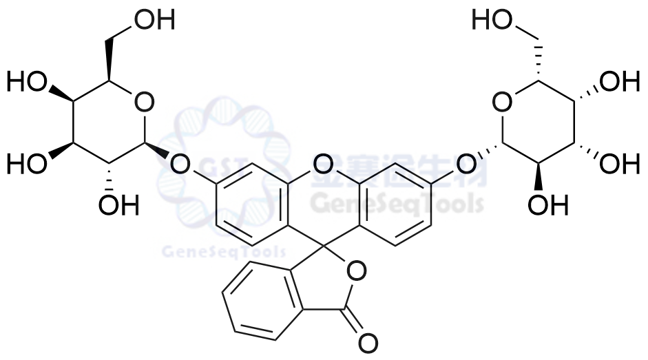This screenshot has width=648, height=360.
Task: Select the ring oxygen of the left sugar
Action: (143, 103)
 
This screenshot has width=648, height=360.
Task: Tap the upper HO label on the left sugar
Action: (26, 83)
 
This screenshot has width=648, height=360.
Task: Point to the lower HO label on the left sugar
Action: (26, 165)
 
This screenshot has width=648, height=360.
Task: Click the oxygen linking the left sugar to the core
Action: (180, 164)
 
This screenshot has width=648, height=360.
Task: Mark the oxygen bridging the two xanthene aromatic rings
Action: (322, 164)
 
